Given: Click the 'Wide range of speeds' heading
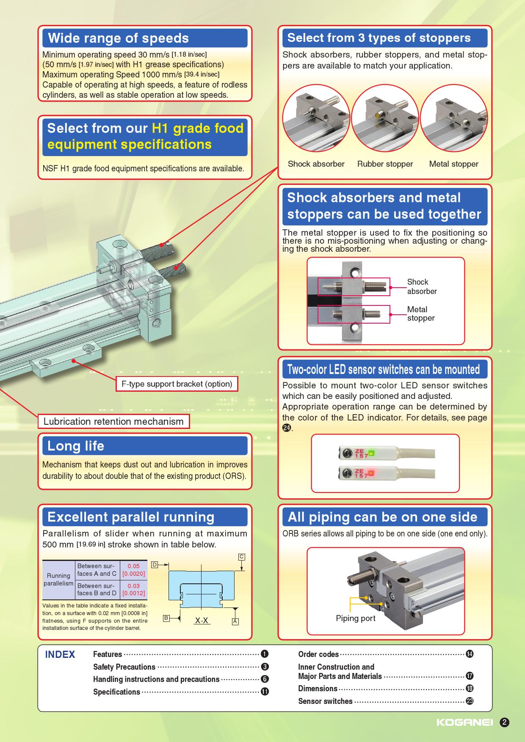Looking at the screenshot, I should coord(119,38).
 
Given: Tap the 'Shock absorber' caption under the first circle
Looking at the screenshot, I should coord(316,164).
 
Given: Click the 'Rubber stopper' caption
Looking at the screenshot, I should coord(385,164).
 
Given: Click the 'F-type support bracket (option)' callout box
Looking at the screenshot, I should coord(177,384).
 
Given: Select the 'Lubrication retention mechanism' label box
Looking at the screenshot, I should coord(113,421).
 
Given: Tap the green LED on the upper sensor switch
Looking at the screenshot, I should coord(371,453).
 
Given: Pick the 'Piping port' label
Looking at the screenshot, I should coord(356,618).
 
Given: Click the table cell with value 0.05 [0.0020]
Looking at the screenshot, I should coord(133,570).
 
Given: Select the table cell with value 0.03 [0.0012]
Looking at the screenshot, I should coord(133,590).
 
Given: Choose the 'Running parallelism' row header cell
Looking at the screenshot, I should coord(58,580).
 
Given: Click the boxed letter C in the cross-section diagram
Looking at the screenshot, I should coord(242,557).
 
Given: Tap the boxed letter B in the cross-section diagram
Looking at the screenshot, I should coord(166,618).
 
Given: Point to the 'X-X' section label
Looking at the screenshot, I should coord(202,621).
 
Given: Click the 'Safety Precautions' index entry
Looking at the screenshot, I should coord(124,667).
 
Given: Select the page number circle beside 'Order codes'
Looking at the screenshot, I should coord(470,654).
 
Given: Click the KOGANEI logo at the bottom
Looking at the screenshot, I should coord(464,723).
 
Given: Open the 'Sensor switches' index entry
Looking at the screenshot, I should coord(325,701).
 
